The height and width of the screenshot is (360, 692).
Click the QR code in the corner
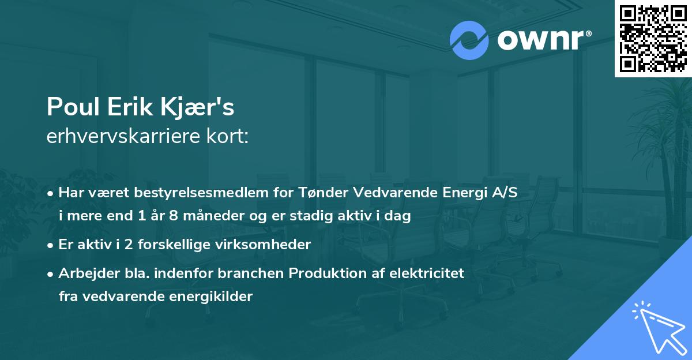pyautogui.click(x=653, y=38)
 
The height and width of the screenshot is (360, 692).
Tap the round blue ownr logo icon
pyautogui.click(x=469, y=40)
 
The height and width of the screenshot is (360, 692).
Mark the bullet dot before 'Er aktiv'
pyautogui.click(x=51, y=245)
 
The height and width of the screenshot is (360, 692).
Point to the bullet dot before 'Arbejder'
pyautogui.click(x=51, y=273)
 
